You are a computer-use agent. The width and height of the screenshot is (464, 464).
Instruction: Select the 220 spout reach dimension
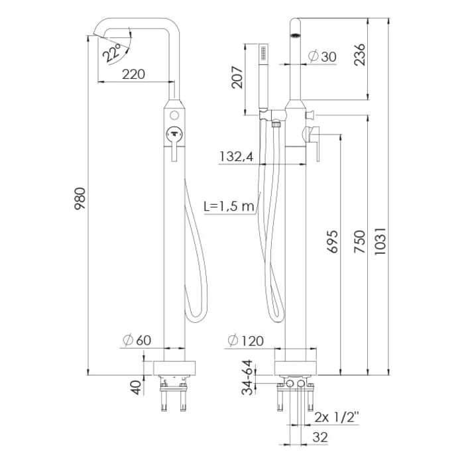(134, 74)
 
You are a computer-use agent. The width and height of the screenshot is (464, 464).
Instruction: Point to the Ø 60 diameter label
(137, 340)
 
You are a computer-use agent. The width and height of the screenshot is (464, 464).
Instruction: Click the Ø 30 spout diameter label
(322, 57)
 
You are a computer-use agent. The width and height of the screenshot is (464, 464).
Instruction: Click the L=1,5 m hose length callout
(229, 206)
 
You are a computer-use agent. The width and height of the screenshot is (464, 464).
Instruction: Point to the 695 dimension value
(333, 243)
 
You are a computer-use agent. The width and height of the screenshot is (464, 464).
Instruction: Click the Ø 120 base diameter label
(246, 341)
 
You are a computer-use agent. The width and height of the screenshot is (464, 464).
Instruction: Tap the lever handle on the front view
(174, 143)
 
